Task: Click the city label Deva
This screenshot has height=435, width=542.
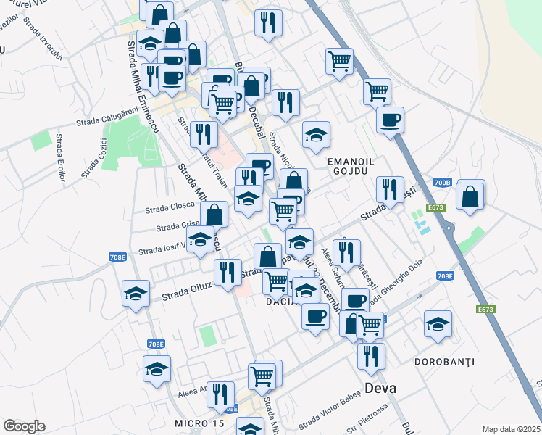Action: click(380, 388)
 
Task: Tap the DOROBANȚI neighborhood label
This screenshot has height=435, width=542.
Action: click(445, 361)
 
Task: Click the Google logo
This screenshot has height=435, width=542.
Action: click(24, 426)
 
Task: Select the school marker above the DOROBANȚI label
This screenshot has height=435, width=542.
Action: click(438, 324)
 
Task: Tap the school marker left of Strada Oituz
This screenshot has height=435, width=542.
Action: click(135, 294)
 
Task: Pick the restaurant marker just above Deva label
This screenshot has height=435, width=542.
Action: click(371, 355)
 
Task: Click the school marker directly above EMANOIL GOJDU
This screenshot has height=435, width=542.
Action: click(315, 134)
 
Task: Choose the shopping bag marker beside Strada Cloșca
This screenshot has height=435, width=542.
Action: click(214, 214)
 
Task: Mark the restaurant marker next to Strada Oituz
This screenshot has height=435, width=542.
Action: click(228, 273)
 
